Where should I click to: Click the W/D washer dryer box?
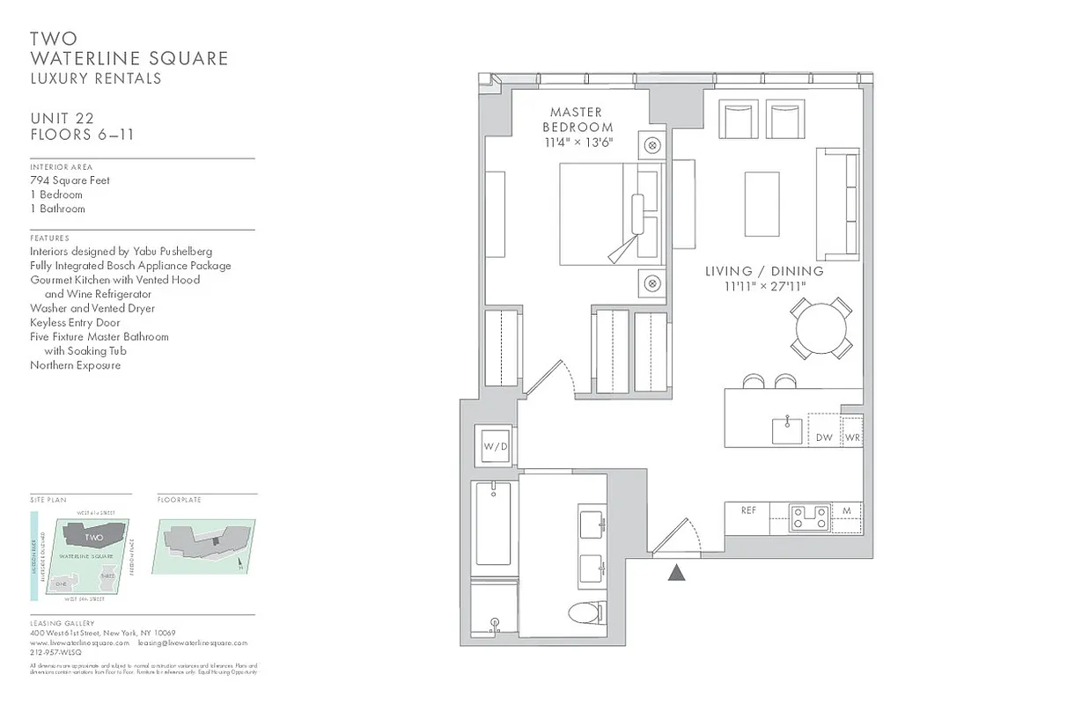495,446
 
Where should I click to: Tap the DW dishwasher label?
824,437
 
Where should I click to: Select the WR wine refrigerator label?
852,437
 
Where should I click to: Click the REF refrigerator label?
748,510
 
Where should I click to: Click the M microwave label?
846,510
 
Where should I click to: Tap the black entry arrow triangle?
676,573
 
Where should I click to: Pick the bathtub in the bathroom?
494,524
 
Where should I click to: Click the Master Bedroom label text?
577,120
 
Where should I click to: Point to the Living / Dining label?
764,271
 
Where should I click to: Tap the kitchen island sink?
787,430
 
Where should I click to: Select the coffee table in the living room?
762,204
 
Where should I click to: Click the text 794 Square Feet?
70,180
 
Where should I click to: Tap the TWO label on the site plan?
94,537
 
